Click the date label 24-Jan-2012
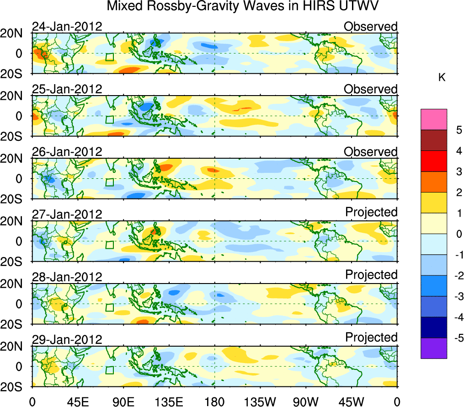coord(67,27)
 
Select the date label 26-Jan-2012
coord(67,152)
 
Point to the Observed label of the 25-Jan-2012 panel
coord(370,89)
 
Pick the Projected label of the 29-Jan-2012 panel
coord(371,337)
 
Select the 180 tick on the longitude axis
coord(214,402)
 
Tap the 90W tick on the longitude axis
coord(305,402)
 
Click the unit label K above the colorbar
coord(442,78)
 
